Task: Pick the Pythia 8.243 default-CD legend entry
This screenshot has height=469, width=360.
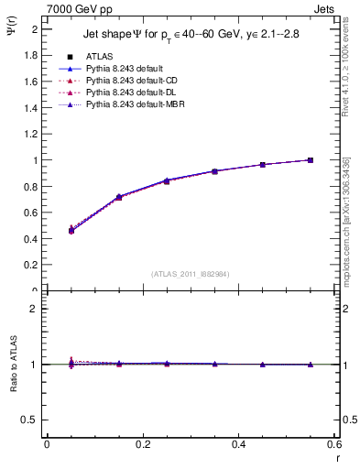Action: pyautogui.click(x=127, y=81)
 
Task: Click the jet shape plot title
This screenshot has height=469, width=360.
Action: pyautogui.click(x=192, y=34)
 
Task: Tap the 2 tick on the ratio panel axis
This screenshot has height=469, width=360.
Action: pyautogui.click(x=35, y=310)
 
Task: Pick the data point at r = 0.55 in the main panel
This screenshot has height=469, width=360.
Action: pyautogui.click(x=311, y=160)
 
